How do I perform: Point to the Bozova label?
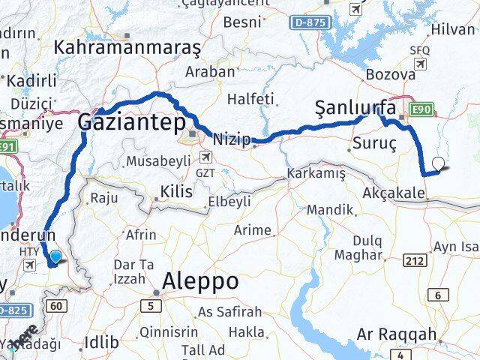[390, 75]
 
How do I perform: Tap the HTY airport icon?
[30, 265]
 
